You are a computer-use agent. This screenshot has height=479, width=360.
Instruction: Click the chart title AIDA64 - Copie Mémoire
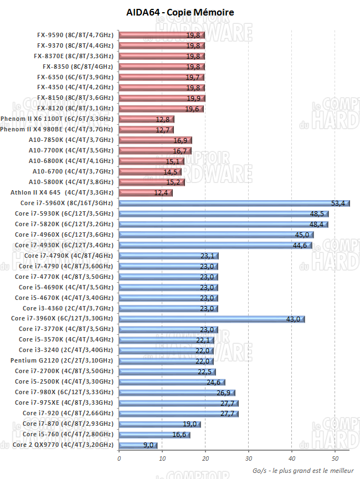pos(180,12)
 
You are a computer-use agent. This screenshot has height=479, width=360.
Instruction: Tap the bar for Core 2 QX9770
pos(138,445)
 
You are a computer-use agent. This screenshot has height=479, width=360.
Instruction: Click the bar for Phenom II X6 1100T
pos(146,119)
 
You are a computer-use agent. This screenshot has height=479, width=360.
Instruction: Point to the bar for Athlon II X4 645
pos(146,193)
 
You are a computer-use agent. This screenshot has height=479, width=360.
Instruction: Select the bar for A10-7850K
pos(155,140)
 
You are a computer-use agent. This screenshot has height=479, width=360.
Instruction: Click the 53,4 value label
pos(338,203)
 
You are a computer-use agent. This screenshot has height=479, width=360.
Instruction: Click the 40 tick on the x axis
pos(292,458)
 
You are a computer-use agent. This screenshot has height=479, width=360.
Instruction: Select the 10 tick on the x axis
pos(162,458)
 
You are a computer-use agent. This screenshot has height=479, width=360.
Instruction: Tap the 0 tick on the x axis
pos(119,458)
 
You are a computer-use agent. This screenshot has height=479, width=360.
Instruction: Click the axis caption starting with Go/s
pos(302,470)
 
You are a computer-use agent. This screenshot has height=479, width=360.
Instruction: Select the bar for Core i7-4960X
pos(216,235)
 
